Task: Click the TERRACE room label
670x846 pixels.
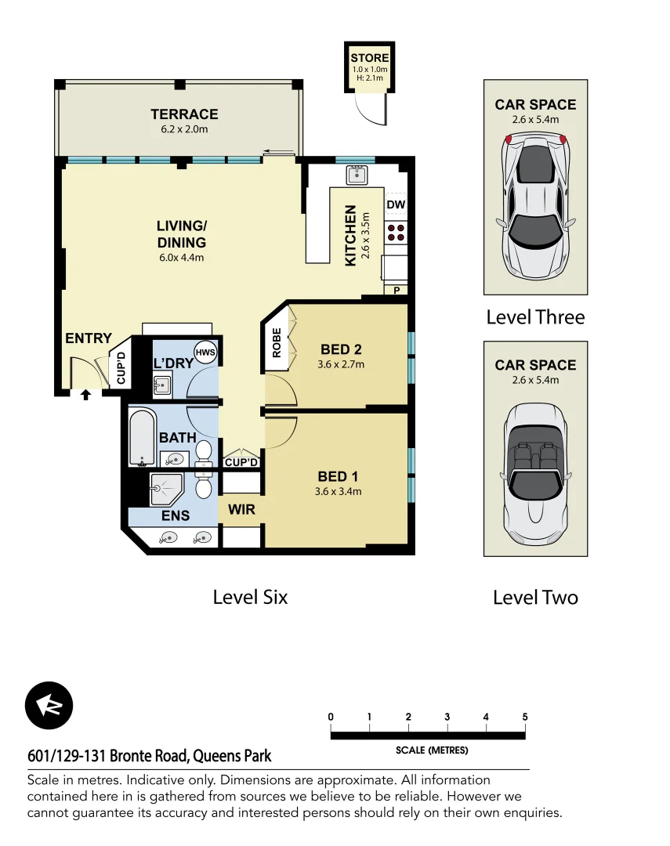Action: [x=184, y=114]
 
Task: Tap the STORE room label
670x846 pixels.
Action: [x=369, y=59]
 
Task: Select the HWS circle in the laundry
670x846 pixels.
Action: [x=205, y=352]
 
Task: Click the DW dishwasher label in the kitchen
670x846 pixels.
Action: [x=395, y=205]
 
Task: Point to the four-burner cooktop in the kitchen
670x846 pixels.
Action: [x=397, y=232]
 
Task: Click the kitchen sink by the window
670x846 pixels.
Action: [x=357, y=174]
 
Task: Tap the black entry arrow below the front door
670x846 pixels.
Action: [x=85, y=395]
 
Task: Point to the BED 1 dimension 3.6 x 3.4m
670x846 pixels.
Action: [x=339, y=492]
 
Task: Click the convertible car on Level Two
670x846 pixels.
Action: [x=535, y=475]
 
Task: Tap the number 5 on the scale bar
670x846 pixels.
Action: [x=524, y=717]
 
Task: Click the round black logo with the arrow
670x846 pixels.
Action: [x=49, y=705]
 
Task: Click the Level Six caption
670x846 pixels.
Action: [x=250, y=597]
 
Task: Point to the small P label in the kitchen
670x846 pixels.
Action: [x=396, y=291]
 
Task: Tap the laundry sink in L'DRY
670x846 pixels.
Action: [x=162, y=385]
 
